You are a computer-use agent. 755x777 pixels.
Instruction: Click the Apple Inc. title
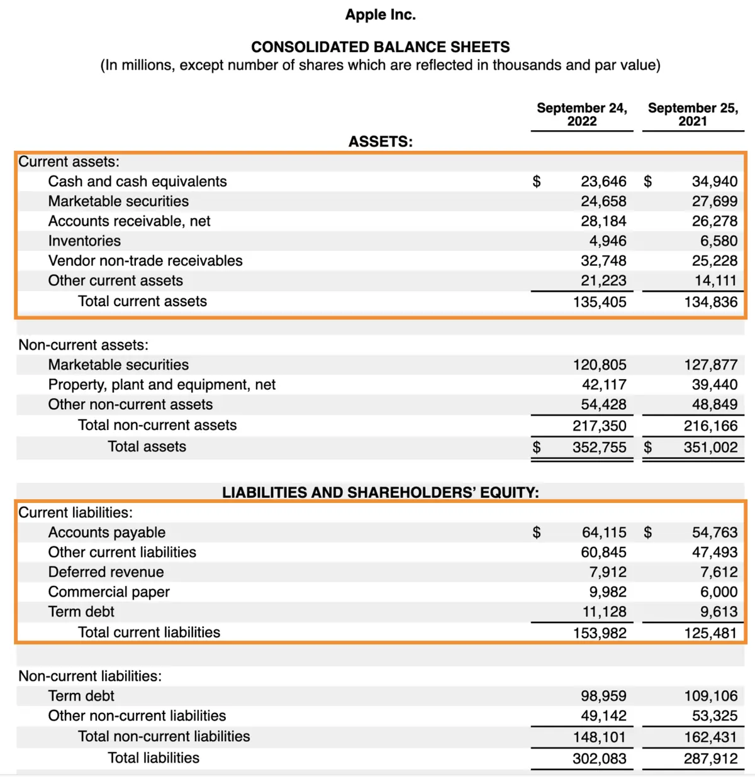(x=380, y=14)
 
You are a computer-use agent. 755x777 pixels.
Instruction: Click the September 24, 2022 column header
(x=581, y=114)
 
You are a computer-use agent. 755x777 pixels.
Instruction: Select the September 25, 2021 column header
(x=693, y=114)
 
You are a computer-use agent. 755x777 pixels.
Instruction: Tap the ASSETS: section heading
(x=381, y=141)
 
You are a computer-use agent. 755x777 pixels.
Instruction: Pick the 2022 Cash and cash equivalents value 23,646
(x=603, y=182)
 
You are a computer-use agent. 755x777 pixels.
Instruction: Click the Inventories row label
(x=84, y=241)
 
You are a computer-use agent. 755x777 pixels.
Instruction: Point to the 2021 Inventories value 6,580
(x=719, y=241)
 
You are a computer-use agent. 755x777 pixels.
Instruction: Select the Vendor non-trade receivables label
(x=145, y=261)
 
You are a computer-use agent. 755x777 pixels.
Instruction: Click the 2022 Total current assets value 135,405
(x=600, y=302)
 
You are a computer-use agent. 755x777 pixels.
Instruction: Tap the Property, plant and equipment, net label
(x=162, y=385)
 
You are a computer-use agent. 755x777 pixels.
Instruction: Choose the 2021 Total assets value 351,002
(x=710, y=448)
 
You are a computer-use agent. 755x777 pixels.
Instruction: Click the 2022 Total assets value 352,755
(x=599, y=448)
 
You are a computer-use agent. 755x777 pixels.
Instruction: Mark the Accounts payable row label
(x=107, y=532)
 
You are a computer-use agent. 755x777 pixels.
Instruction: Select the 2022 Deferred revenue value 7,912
(x=608, y=572)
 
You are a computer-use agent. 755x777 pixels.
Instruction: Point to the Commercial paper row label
(x=109, y=592)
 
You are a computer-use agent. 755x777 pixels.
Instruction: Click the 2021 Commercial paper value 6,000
(x=719, y=592)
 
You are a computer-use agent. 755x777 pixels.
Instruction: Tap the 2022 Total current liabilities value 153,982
(x=600, y=633)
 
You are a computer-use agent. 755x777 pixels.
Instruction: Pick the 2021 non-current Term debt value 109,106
(x=710, y=696)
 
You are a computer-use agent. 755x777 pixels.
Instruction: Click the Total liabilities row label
(x=154, y=758)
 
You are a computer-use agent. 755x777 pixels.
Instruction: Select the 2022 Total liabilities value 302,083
(x=599, y=759)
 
